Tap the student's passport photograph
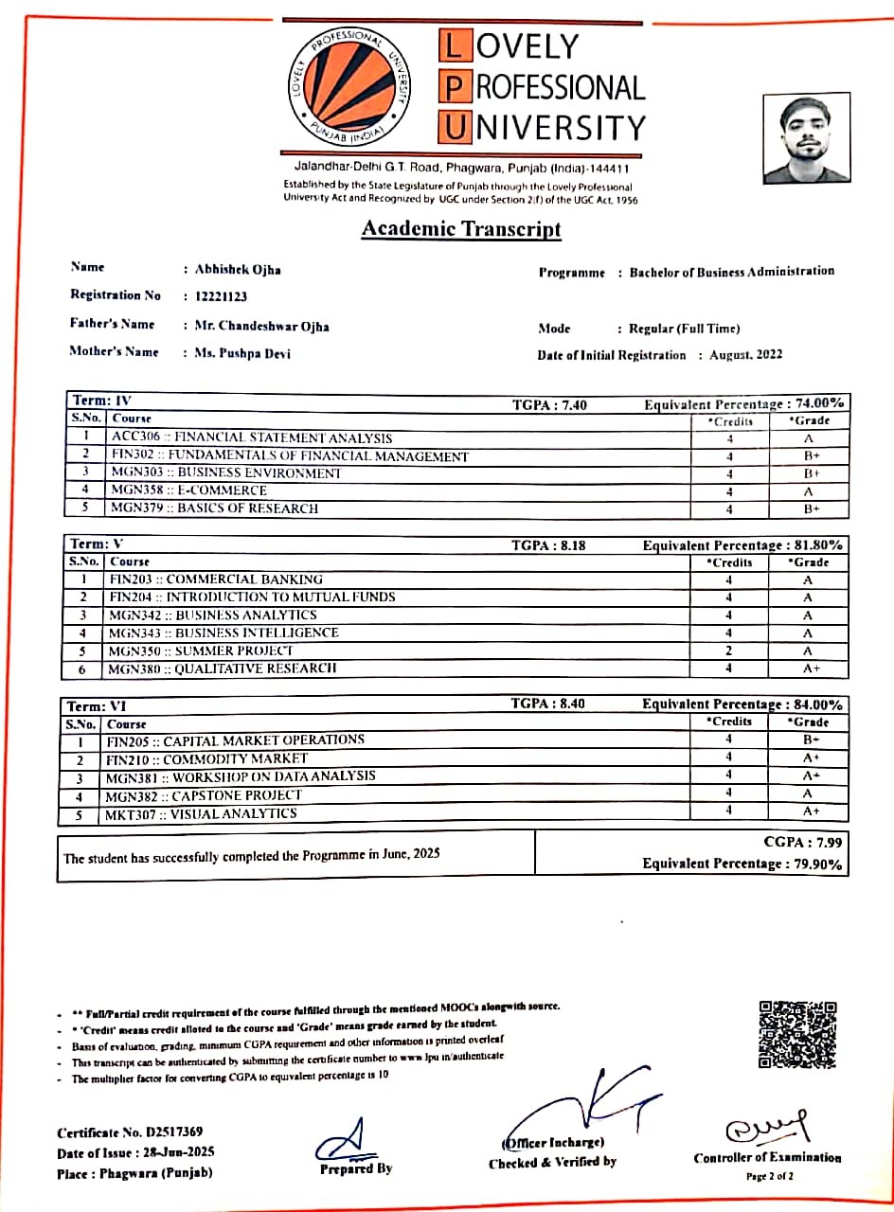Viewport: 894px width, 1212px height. pyautogui.click(x=807, y=139)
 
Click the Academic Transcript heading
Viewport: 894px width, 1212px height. pyautogui.click(x=461, y=229)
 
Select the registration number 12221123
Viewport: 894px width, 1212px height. pyautogui.click(x=221, y=296)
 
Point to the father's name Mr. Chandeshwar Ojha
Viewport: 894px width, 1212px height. pyautogui.click(x=261, y=325)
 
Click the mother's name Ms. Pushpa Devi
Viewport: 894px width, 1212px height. pyautogui.click(x=242, y=353)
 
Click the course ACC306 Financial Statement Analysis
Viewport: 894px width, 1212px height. pyautogui.click(x=251, y=437)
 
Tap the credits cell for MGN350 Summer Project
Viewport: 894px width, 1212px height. pyautogui.click(x=729, y=651)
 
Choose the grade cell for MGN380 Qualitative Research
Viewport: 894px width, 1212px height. pyautogui.click(x=809, y=668)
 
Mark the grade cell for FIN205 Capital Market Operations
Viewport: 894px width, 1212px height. pyautogui.click(x=810, y=740)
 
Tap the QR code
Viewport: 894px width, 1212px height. pyautogui.click(x=798, y=1034)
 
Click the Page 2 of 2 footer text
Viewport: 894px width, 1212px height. pyautogui.click(x=769, y=1177)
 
